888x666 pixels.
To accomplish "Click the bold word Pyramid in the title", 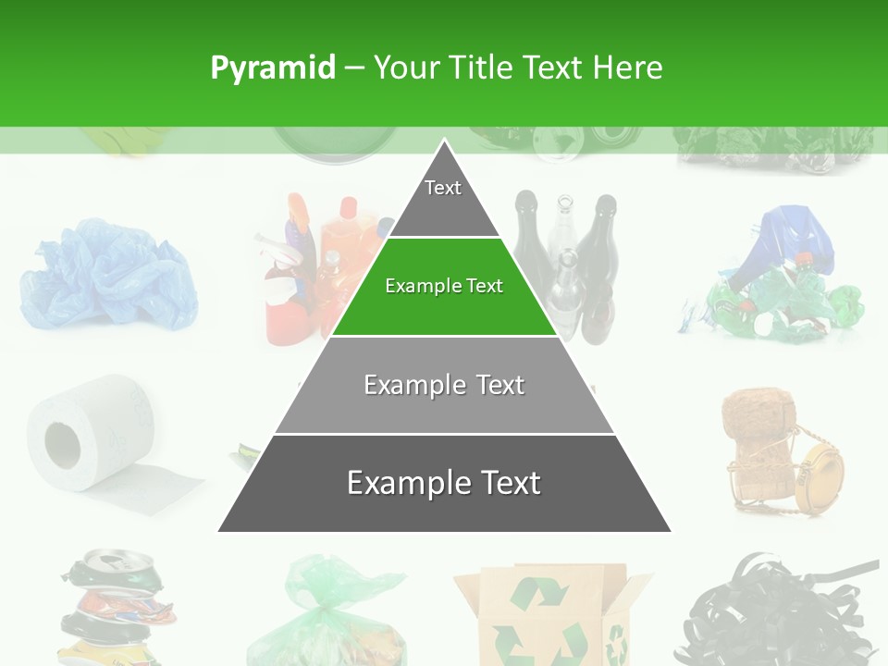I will (x=272, y=68).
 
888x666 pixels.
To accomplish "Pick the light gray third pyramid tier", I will (x=444, y=386).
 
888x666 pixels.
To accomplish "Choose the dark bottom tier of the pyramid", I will (x=444, y=484).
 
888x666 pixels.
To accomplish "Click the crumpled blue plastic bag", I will (x=106, y=275).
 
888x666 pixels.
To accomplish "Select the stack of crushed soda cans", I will (x=116, y=606).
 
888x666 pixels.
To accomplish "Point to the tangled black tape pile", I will (x=782, y=610).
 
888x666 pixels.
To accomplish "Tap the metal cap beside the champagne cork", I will (x=819, y=471).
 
